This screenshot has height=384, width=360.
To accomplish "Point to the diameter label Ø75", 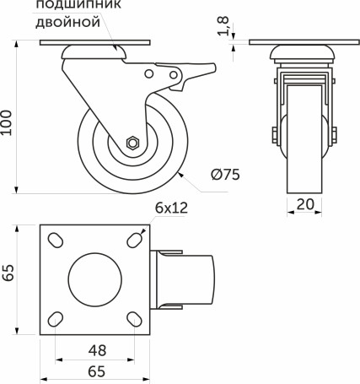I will [225, 175].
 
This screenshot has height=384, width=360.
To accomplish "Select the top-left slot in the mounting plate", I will [55, 241].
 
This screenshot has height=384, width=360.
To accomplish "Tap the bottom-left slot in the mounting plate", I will [55, 319].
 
